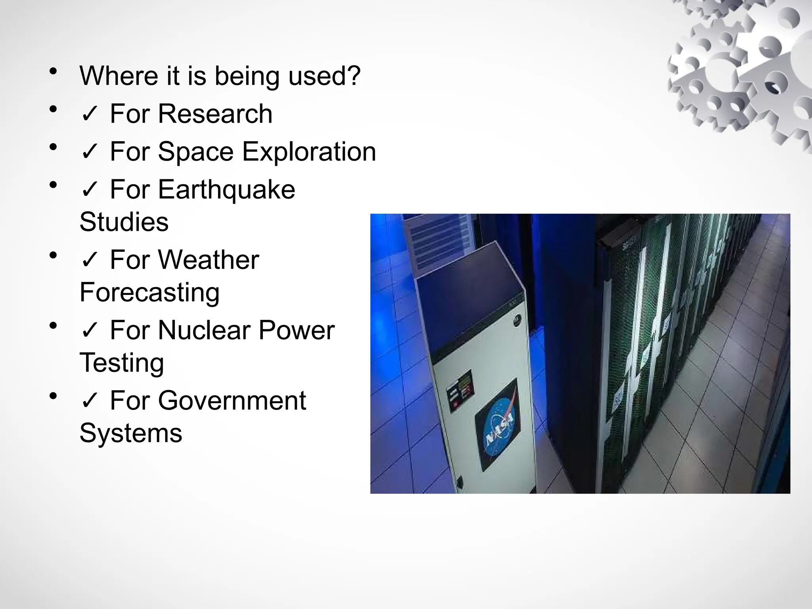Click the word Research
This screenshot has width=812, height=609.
pyautogui.click(x=215, y=114)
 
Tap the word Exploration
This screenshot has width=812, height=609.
pyautogui.click(x=309, y=152)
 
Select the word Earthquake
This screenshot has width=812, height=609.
pyautogui.click(x=226, y=190)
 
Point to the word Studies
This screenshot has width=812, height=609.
pyautogui.click(x=124, y=222)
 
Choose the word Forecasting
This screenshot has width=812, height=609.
pyautogui.click(x=149, y=293)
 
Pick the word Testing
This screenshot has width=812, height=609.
pyautogui.click(x=122, y=363)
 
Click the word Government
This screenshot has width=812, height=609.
pyautogui.click(x=232, y=400)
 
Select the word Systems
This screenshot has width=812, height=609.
pyautogui.click(x=131, y=433)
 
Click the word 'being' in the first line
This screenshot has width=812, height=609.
pyautogui.click(x=247, y=76)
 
